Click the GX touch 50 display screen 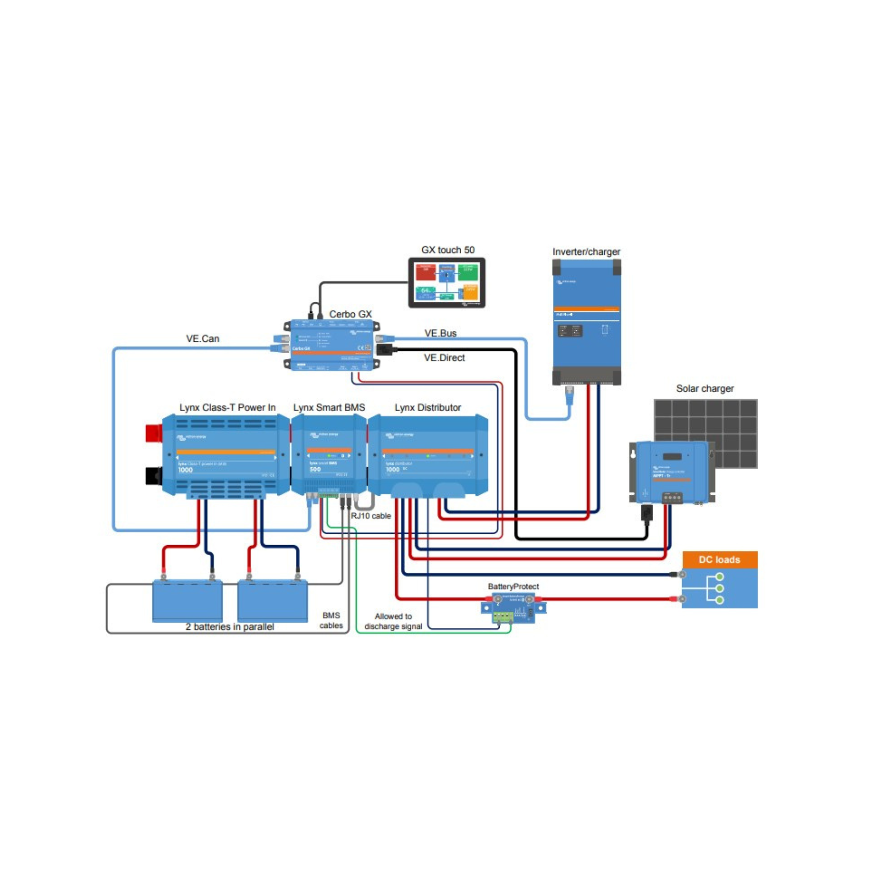447,283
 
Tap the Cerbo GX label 350,314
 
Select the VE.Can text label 203,338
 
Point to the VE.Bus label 440,333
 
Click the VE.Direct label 444,357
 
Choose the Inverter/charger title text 586,252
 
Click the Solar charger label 704,388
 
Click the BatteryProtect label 513,586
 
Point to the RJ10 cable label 371,515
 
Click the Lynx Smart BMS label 329,407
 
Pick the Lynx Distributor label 427,407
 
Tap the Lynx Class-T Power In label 227,407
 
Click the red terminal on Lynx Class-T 154,433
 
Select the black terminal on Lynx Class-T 154,476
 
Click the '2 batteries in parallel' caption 230,627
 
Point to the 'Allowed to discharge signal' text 393,621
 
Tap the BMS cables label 331,620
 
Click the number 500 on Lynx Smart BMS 315,469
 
